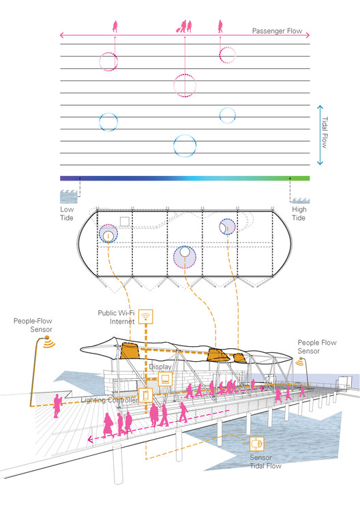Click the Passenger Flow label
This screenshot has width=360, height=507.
277,31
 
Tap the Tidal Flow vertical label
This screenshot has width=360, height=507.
325,132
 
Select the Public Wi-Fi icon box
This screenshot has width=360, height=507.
145,317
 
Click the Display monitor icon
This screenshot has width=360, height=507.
165,379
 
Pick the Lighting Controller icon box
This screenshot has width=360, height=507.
145,395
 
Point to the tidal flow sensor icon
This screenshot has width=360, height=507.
257,444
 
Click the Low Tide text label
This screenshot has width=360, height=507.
67,213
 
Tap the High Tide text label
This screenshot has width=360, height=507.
299,213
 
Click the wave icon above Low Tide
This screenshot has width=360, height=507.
69,196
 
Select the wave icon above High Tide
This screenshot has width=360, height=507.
301,201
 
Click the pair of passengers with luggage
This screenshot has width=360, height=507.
184,27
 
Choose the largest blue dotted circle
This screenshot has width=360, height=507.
185,134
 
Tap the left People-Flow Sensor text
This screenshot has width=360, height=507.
33,325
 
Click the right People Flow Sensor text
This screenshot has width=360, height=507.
317,347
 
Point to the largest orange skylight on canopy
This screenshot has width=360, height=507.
130,352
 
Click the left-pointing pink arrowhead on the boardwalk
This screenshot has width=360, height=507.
90,439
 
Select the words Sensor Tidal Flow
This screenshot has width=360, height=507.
265,462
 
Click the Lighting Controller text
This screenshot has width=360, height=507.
109,400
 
